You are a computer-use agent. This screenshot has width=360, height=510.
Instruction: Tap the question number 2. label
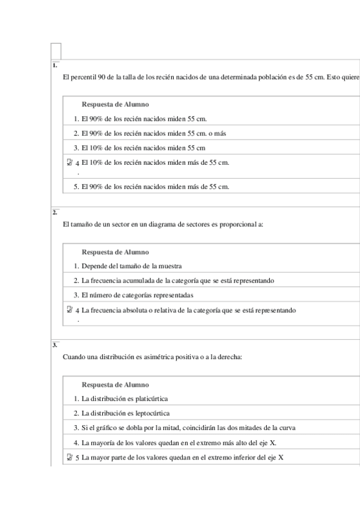pyautogui.click(x=55, y=212)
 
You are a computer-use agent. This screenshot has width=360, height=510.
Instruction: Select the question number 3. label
pyautogui.click(x=55, y=345)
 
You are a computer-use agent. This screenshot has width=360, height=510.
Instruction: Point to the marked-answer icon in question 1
pyautogui.click(x=70, y=162)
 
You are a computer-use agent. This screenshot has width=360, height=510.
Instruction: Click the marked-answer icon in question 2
pyautogui.click(x=70, y=310)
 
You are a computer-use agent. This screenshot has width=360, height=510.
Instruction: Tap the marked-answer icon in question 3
pyautogui.click(x=70, y=458)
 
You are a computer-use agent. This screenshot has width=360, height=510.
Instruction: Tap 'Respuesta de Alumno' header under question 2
pyautogui.click(x=115, y=252)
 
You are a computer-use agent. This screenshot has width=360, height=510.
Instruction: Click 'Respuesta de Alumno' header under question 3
pyautogui.click(x=115, y=385)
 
